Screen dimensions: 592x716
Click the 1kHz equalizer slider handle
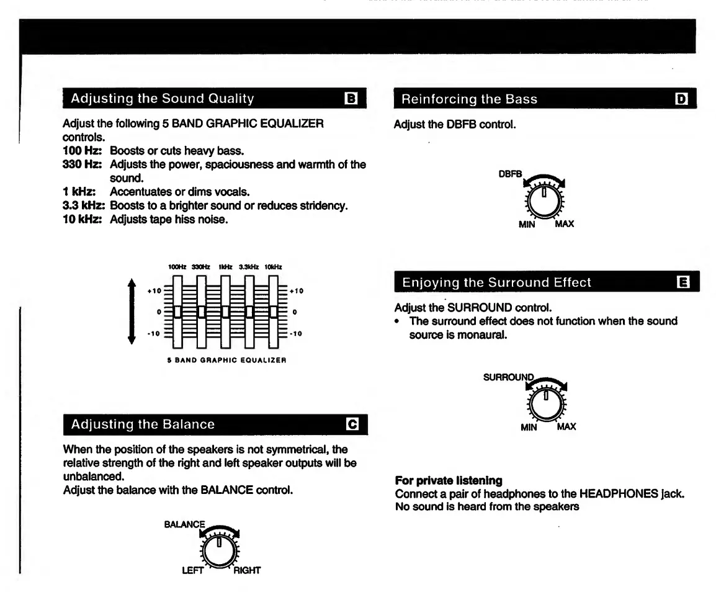click(225, 312)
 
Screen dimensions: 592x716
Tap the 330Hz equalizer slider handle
click(201, 312)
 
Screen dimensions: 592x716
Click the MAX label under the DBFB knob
click(564, 224)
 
